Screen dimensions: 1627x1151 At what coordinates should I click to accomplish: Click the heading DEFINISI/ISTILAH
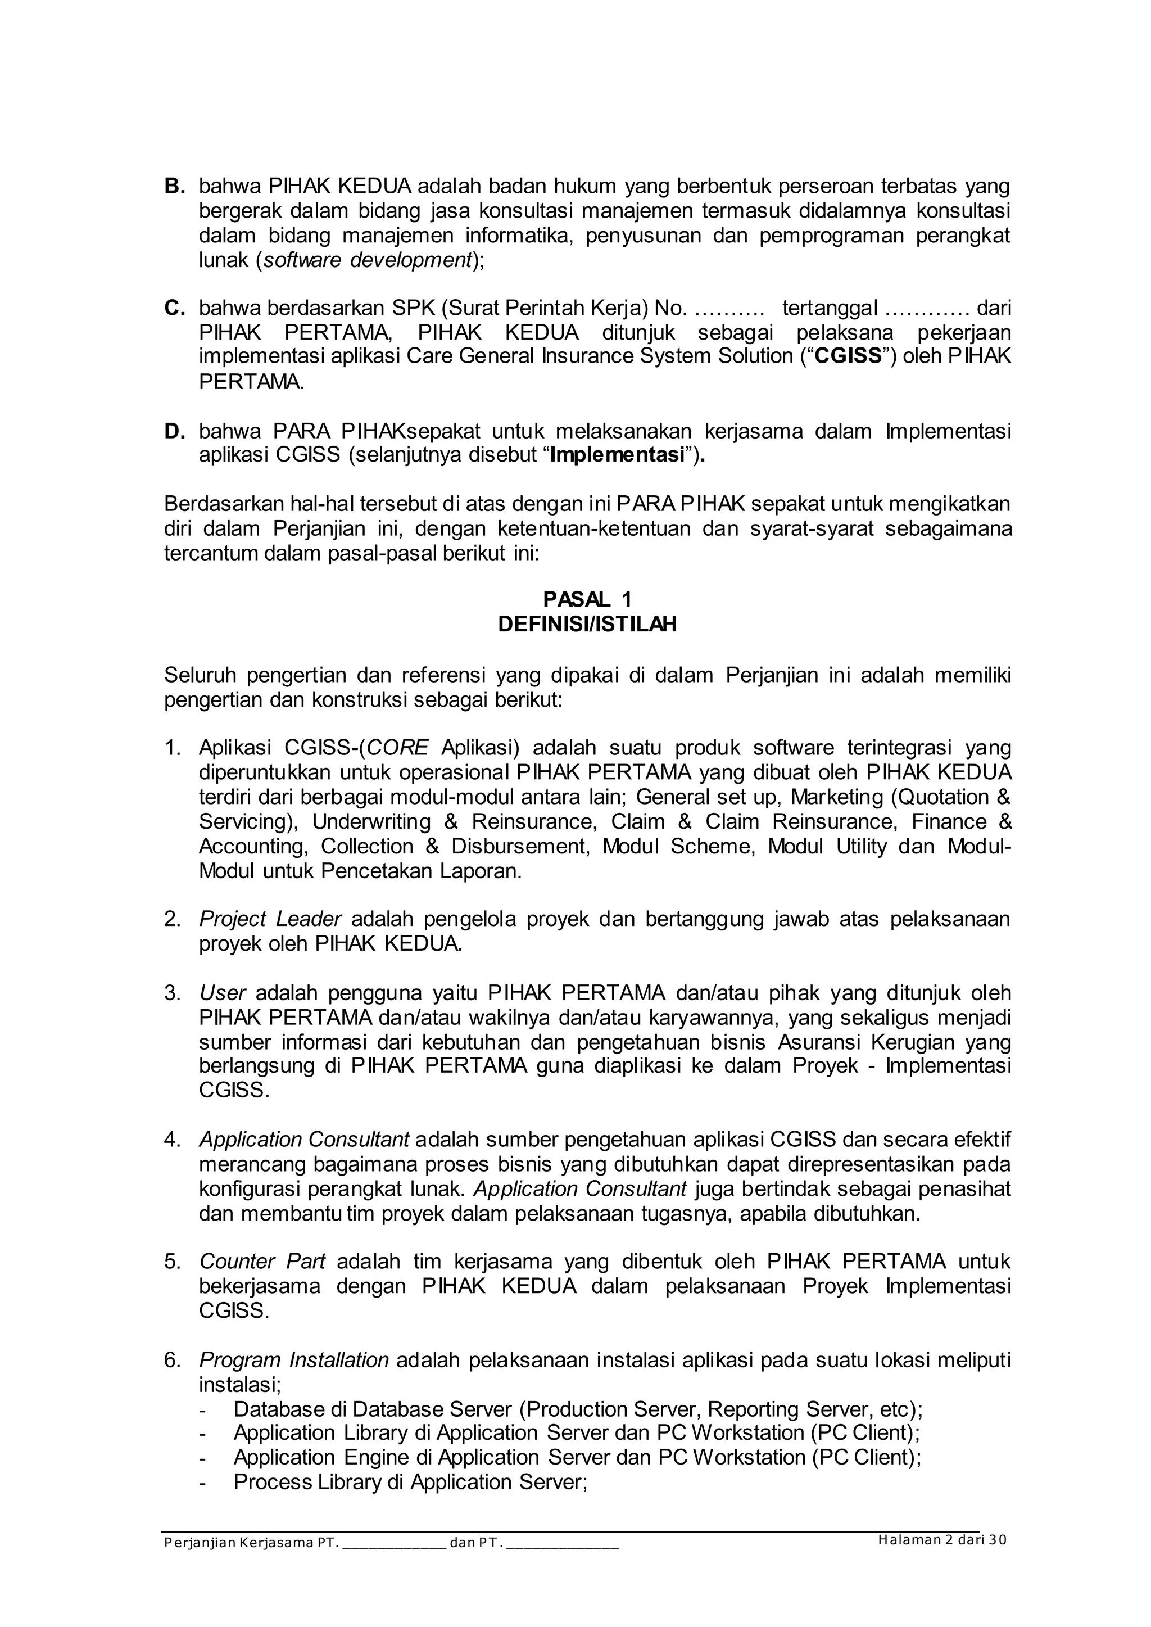(587, 624)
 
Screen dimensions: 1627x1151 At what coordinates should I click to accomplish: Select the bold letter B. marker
(174, 187)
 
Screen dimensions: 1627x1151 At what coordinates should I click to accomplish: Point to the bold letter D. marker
(174, 430)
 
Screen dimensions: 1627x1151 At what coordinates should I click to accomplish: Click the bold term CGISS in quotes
(848, 356)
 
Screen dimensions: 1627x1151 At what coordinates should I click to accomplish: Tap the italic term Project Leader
(270, 919)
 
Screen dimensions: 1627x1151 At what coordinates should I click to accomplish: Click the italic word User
(222, 992)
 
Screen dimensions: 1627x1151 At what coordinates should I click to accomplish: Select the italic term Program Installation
(293, 1360)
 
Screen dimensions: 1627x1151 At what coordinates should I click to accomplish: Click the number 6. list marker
(173, 1360)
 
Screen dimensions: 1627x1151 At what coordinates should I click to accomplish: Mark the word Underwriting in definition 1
(371, 822)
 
